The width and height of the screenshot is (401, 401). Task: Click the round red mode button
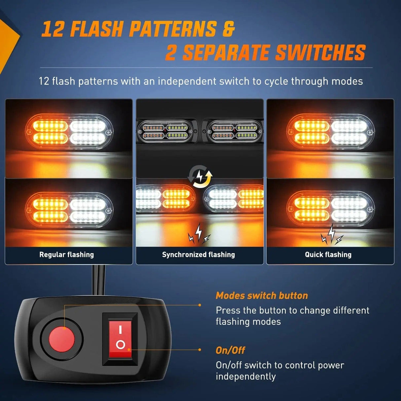62,339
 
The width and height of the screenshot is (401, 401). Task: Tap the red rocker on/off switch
120,339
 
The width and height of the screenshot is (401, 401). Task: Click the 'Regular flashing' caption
66,255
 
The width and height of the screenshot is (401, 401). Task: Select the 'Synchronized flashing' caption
198,255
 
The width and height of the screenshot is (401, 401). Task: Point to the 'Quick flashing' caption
328,255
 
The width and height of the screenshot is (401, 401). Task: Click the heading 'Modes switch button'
262,296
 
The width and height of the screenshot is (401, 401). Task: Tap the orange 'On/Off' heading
230,350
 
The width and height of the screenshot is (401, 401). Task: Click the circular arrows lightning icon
200,177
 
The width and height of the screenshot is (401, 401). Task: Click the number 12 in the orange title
53,29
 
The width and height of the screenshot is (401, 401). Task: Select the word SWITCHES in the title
320,53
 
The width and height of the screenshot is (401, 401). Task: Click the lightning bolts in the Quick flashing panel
332,235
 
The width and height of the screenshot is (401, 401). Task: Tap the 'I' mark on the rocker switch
120,329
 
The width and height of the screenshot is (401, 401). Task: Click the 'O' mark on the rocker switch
121,345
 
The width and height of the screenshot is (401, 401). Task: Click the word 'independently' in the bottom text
245,377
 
